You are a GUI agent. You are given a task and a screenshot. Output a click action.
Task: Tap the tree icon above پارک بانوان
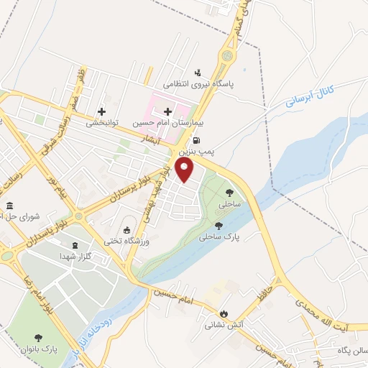37,336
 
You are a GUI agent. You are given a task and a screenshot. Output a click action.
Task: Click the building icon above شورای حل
9,206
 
